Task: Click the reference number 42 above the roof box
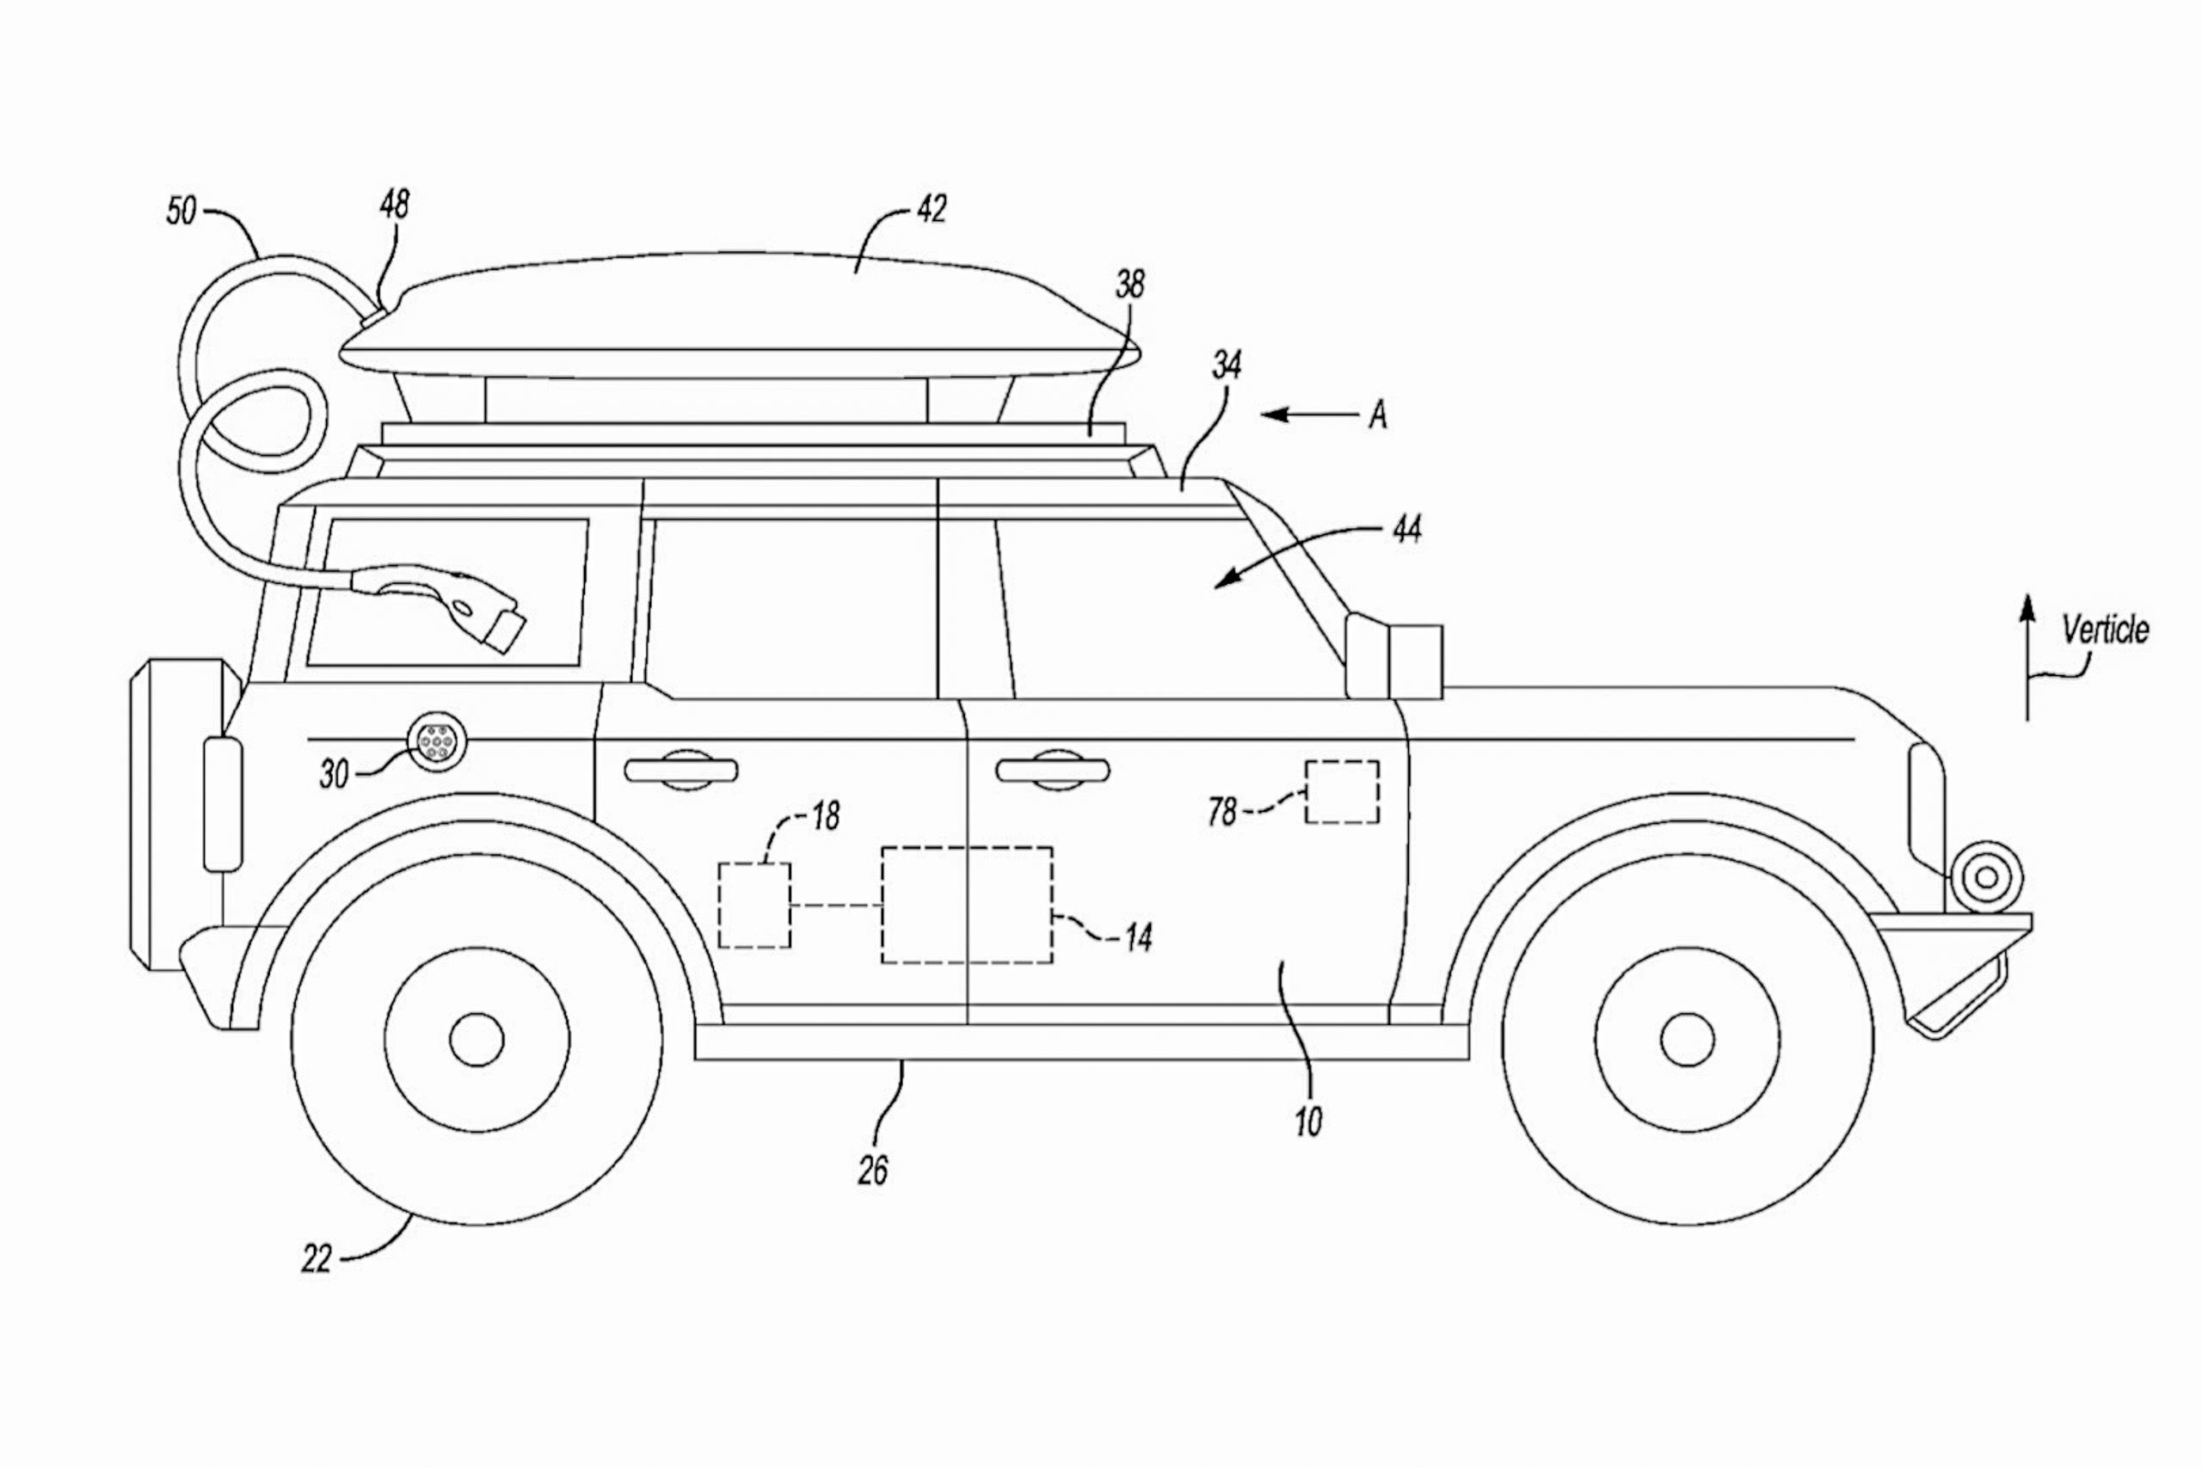point(931,209)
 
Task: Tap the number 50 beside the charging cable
point(181,211)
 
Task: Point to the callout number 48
point(394,204)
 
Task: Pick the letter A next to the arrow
point(1377,415)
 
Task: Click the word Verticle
point(2106,630)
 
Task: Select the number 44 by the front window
point(1407,531)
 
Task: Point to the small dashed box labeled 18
point(753,906)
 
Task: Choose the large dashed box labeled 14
point(966,906)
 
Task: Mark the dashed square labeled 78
point(1342,792)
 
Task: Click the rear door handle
point(681,771)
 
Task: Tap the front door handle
point(1052,771)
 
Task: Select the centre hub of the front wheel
point(1687,1039)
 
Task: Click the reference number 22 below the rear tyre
point(317,1259)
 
